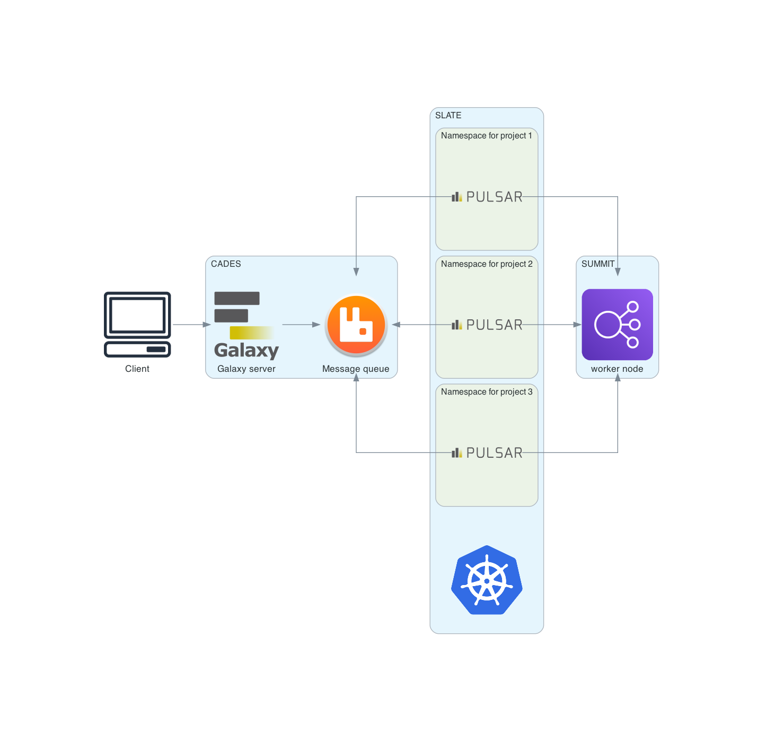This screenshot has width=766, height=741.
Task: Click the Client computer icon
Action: pos(137,324)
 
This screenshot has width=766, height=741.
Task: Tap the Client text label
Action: pos(137,369)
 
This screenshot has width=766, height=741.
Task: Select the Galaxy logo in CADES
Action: pos(246,325)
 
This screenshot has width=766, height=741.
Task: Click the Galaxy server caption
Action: pos(246,369)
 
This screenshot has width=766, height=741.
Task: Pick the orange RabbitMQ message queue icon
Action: pos(356,325)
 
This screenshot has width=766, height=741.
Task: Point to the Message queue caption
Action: pos(356,369)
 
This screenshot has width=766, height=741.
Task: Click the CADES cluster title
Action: pos(226,264)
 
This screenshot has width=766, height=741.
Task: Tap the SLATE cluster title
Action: pos(448,115)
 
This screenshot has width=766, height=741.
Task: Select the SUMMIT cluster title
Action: pos(597,264)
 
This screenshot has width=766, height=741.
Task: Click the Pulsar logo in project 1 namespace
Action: pos(487,197)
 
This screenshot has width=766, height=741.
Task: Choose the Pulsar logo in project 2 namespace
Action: pos(487,325)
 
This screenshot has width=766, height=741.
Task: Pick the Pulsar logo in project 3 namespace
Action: pos(487,452)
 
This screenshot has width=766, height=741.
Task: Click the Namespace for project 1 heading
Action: pos(486,136)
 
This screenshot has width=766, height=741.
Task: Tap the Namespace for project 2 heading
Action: pos(486,264)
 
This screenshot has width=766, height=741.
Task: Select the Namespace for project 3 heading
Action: pos(486,392)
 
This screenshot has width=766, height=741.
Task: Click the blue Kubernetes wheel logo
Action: pos(487,580)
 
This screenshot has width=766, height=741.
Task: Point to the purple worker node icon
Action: pos(617,325)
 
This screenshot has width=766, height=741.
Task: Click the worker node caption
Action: pos(617,369)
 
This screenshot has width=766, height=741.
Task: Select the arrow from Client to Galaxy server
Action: pos(191,325)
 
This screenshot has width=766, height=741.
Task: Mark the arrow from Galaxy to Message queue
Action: pos(301,325)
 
